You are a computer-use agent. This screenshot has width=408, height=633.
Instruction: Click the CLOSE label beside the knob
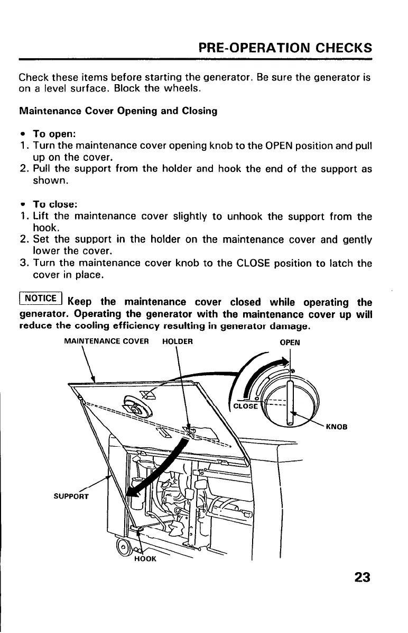(x=246, y=406)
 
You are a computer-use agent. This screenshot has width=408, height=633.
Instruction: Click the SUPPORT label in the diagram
(x=72, y=496)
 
